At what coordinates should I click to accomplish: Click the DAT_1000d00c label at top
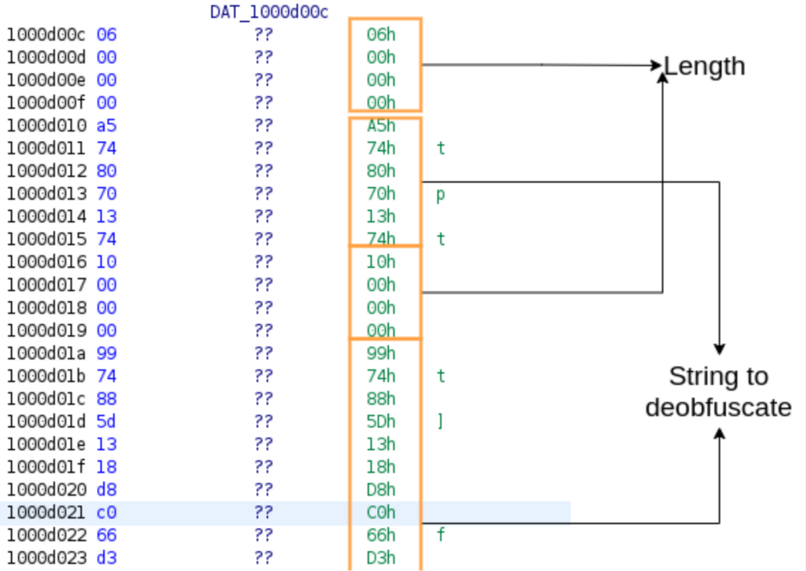coord(268,11)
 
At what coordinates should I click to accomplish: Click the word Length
coord(704,66)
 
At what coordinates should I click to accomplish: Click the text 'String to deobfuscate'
coord(718,392)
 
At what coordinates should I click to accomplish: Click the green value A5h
coord(381,126)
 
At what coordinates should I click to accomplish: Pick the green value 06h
coord(381,35)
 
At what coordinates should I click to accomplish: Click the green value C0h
coord(381,513)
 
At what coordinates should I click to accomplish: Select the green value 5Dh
coord(381,422)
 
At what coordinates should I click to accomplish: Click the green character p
coord(441,194)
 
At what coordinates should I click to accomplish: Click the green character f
coord(441,536)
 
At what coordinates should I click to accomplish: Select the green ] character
coord(441,422)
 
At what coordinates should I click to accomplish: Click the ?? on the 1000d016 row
coord(264,262)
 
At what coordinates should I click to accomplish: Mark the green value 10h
coord(381,262)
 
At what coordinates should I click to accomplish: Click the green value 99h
coord(381,353)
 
